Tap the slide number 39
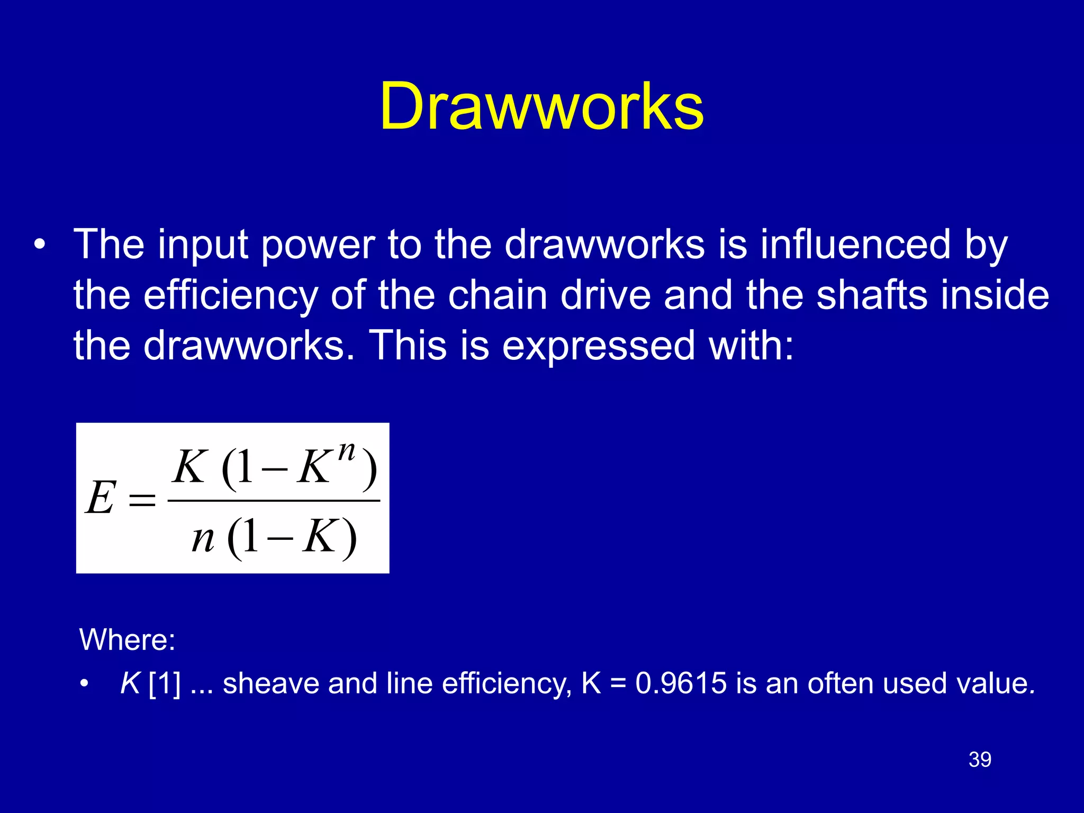pos(980,760)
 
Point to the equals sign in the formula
pos(142,499)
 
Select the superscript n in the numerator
pos(347,451)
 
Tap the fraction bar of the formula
pos(274,500)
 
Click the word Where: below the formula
pos(127,639)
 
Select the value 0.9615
pos(681,683)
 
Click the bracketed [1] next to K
pos(165,683)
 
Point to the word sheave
pos(270,683)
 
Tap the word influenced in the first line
pos(855,245)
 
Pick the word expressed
pos(598,346)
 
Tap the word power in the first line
pos(318,246)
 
